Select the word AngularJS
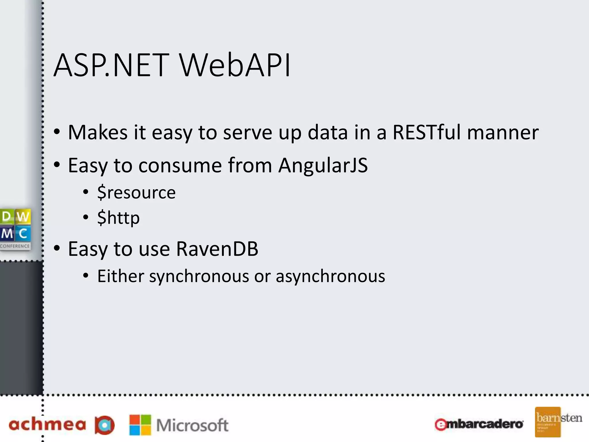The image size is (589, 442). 323,165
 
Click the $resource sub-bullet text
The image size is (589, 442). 136,193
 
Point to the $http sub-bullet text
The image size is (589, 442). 118,218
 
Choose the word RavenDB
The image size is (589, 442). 217,249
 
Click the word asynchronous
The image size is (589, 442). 330,276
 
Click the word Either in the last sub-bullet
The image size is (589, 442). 121,276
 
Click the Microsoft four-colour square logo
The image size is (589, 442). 140,425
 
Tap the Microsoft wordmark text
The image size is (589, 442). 192,425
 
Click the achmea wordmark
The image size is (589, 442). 47,425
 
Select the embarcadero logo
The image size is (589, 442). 479,424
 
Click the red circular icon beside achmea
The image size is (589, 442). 104,425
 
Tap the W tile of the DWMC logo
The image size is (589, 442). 23,216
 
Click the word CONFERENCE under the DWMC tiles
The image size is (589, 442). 15,246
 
